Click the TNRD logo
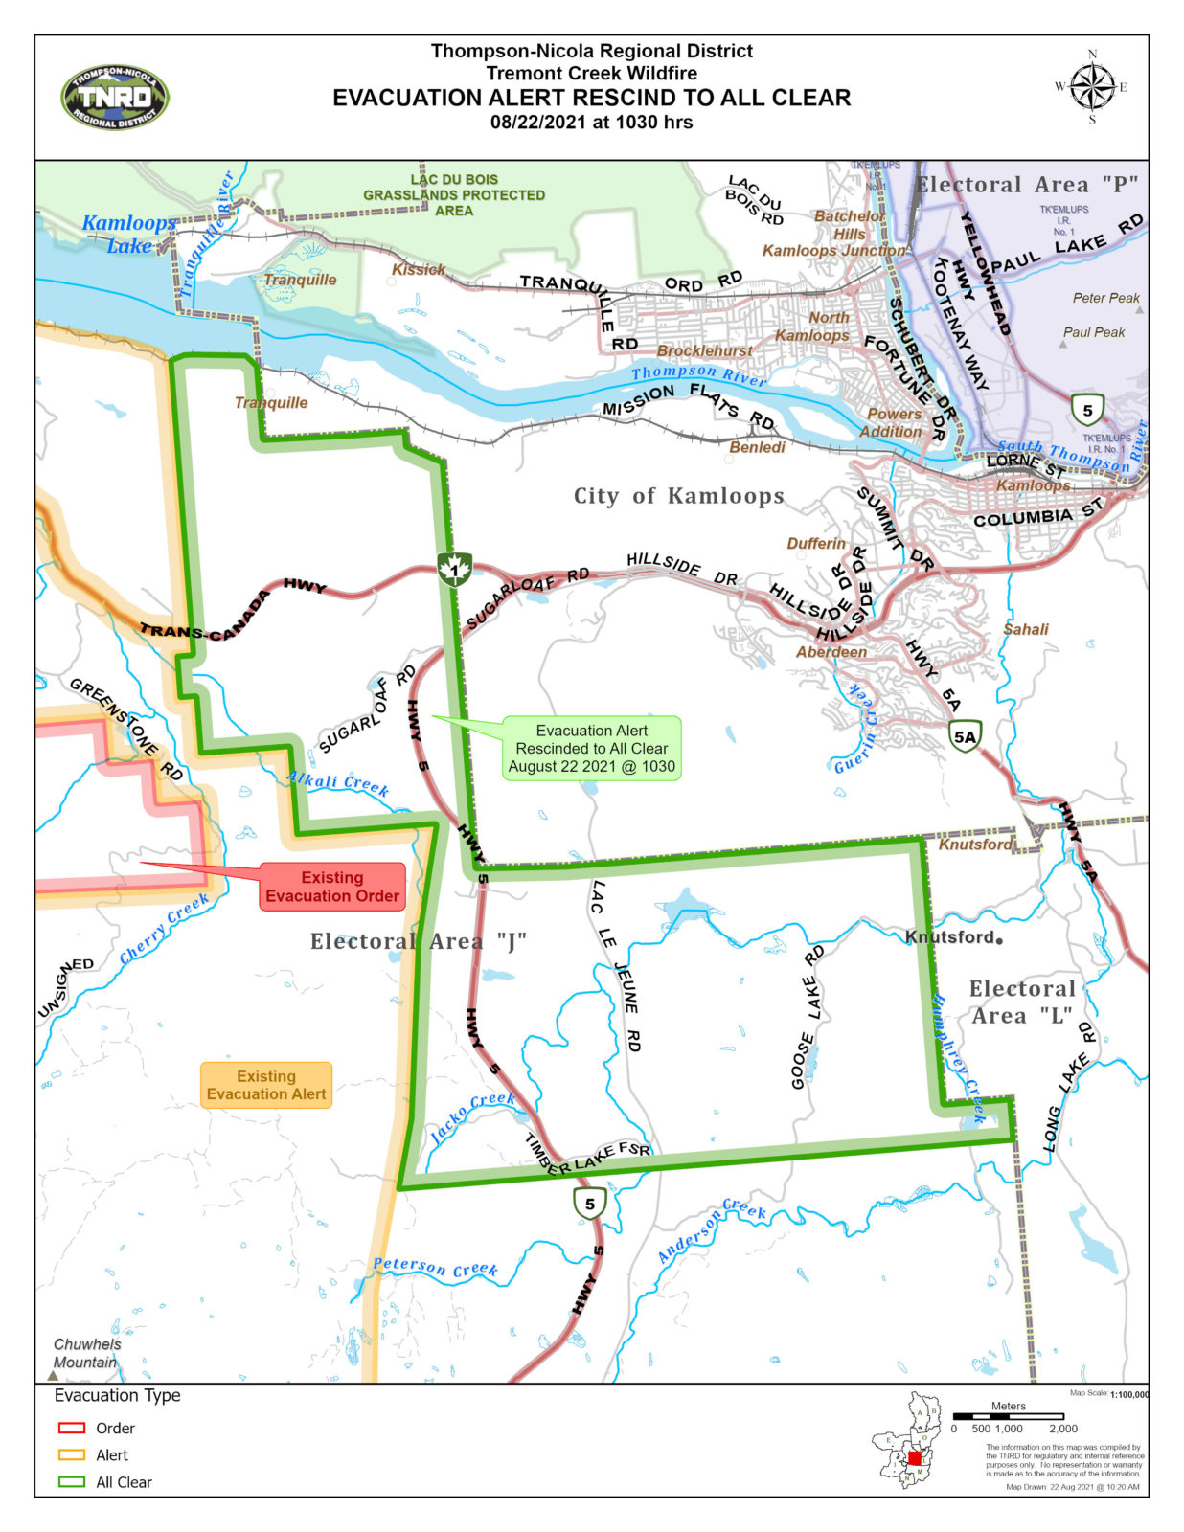[x=114, y=98]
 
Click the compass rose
[x=1091, y=87]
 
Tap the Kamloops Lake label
[x=128, y=234]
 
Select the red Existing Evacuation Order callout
[x=332, y=887]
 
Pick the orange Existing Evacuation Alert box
[x=266, y=1085]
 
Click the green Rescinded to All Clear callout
[x=591, y=748]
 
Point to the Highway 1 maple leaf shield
[x=454, y=569]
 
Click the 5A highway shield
[x=965, y=736]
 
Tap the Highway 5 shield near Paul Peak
[x=1087, y=410]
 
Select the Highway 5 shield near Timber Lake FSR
[x=590, y=1204]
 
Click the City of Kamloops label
[x=678, y=496]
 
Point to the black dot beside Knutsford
[x=999, y=940]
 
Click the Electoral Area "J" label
[x=418, y=941]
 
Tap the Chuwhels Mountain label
[x=86, y=1353]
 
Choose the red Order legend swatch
[x=72, y=1428]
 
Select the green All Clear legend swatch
[x=72, y=1481]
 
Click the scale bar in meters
[x=1008, y=1415]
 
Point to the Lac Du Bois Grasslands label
[x=454, y=194]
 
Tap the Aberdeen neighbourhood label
[x=831, y=652]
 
